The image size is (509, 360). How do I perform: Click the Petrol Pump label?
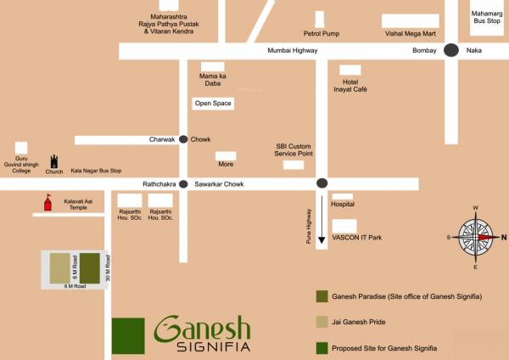(x=320, y=34)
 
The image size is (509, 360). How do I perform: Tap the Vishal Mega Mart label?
(x=410, y=34)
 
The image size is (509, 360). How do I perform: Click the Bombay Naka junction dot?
(x=451, y=51)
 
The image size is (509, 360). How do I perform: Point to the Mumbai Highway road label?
(x=292, y=51)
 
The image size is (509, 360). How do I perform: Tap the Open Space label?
(x=212, y=104)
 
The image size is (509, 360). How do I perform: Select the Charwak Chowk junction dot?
(x=183, y=139)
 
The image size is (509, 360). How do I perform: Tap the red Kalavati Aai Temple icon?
(x=48, y=202)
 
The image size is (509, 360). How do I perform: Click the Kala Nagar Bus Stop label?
(x=96, y=171)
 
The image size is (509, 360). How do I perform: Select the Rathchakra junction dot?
(x=183, y=183)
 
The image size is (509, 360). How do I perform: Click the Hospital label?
(x=343, y=205)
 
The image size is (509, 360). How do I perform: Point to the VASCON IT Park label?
(x=357, y=238)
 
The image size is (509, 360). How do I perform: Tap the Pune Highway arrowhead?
(x=322, y=241)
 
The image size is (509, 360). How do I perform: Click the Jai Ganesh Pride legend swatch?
(x=322, y=322)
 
